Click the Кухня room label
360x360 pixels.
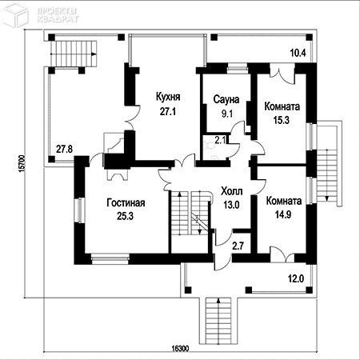[168, 97]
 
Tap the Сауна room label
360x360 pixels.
[226, 99]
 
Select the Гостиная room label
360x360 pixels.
[126, 202]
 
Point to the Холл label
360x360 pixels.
[232, 191]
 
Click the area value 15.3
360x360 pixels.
[282, 120]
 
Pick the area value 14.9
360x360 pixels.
[283, 214]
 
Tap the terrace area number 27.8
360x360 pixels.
[64, 149]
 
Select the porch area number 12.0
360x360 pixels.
[296, 278]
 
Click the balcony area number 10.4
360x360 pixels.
[298, 53]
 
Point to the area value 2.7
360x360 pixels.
[238, 246]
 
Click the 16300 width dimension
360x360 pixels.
[180, 349]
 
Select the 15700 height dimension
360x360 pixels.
[22, 163]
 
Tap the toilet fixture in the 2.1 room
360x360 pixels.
[210, 146]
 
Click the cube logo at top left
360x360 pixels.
[15, 14]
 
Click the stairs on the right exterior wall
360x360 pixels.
[328, 163]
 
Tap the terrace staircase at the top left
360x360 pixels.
[74, 54]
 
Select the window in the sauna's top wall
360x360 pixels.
[238, 69]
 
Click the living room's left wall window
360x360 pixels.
[79, 210]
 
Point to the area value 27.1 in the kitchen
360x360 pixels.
[168, 111]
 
